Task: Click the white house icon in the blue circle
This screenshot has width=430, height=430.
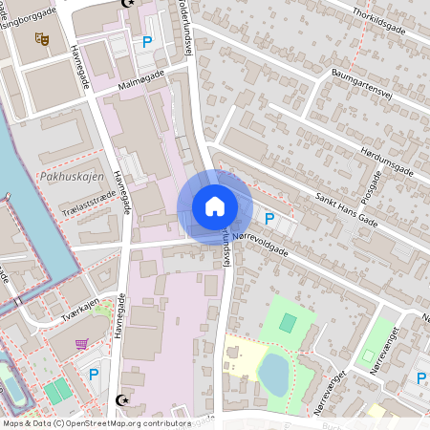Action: point(214,205)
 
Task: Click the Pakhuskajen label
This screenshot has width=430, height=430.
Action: point(66,177)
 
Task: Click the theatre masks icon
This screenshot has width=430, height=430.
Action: point(41,38)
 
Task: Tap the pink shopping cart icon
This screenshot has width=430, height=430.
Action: point(82,344)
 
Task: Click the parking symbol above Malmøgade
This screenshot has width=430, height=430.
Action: point(146,41)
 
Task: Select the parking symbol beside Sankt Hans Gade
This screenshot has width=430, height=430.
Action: point(269,219)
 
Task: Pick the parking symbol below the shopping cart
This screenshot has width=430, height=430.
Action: point(94,374)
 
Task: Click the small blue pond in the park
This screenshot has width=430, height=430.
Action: point(274,372)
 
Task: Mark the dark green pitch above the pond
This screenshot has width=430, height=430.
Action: point(288,323)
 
